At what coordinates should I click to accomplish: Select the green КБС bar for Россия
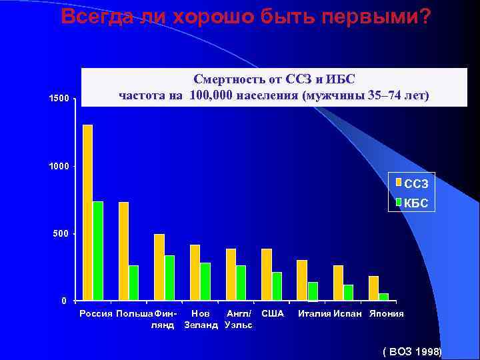(x=98, y=250)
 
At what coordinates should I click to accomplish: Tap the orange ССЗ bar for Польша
(x=123, y=251)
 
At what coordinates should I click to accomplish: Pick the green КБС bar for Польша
(x=134, y=283)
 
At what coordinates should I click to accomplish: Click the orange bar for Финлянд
(x=159, y=267)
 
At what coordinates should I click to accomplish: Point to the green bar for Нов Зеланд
(x=205, y=281)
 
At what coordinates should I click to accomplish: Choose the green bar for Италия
(x=313, y=291)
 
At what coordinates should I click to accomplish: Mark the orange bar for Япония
(x=373, y=288)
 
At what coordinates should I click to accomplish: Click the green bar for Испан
(x=349, y=293)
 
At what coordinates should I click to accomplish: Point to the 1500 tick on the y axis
(x=59, y=99)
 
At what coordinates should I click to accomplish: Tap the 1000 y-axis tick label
(x=59, y=166)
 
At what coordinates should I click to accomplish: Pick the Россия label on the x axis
(x=96, y=313)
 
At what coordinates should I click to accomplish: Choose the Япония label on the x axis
(x=387, y=313)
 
